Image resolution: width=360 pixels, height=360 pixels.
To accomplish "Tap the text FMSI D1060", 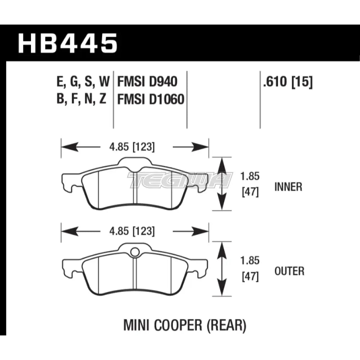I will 150,99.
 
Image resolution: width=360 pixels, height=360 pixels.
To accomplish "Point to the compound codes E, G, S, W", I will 82,82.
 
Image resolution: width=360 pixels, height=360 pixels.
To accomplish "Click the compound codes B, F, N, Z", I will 81,99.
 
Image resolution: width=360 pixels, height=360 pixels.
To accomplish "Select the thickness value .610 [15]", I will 288,82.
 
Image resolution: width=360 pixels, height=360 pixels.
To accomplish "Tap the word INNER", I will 288,187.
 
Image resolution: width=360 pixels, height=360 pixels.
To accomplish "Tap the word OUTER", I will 289,271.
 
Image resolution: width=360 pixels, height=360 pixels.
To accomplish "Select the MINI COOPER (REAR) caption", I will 185,326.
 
